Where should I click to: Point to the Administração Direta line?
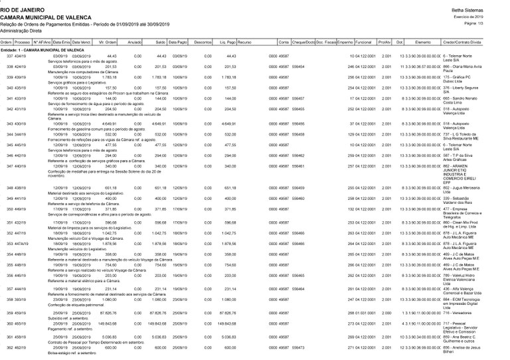23,31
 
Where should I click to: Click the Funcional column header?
363,41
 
